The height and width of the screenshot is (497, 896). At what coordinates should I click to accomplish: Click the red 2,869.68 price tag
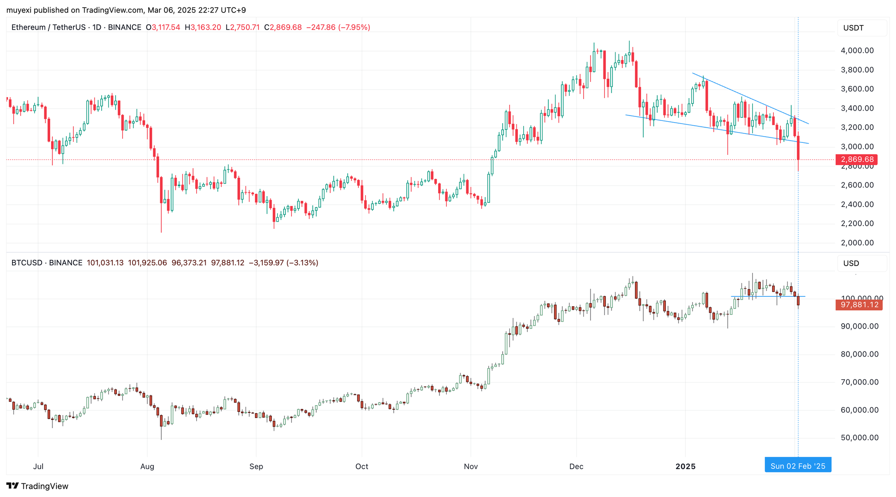pyautogui.click(x=857, y=159)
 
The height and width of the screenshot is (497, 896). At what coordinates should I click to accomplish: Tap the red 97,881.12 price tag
pyautogui.click(x=859, y=305)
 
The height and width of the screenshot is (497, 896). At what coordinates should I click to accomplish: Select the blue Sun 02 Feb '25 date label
pyautogui.click(x=797, y=466)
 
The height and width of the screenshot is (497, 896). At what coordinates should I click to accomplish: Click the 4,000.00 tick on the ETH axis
pyautogui.click(x=857, y=51)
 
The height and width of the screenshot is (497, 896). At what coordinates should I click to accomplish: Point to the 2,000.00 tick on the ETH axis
pyautogui.click(x=857, y=243)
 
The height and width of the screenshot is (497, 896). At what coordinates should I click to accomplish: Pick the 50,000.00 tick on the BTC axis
pyautogui.click(x=859, y=438)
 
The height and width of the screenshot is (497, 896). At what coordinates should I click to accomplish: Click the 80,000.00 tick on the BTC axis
pyautogui.click(x=859, y=354)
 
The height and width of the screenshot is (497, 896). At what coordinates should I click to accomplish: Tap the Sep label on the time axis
pyautogui.click(x=256, y=467)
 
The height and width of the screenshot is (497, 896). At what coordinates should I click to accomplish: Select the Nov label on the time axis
pyautogui.click(x=470, y=467)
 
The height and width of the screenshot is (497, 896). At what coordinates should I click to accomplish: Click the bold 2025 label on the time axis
pyautogui.click(x=685, y=467)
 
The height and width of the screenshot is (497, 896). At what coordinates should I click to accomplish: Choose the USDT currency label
pyautogui.click(x=853, y=28)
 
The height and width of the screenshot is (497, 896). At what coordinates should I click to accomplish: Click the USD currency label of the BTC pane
pyautogui.click(x=851, y=263)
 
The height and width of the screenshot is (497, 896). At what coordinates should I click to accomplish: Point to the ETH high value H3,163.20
pyautogui.click(x=203, y=27)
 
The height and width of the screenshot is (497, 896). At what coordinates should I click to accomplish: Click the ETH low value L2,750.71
pyautogui.click(x=242, y=27)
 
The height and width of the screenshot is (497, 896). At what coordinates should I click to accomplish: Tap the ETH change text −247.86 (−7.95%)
pyautogui.click(x=338, y=27)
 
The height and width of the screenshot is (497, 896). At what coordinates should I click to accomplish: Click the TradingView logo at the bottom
pyautogui.click(x=38, y=486)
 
